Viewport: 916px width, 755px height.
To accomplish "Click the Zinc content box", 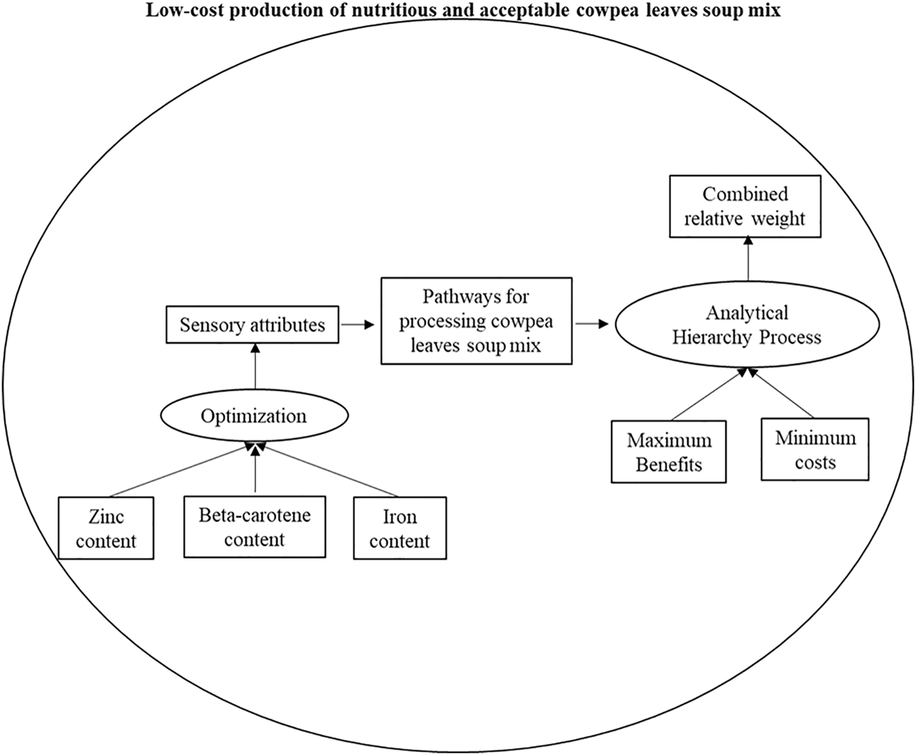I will (106, 528).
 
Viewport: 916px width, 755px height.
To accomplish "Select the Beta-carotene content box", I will (254, 527).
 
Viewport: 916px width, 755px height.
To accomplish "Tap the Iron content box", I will (399, 528).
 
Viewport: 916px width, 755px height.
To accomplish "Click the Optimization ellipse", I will (254, 416).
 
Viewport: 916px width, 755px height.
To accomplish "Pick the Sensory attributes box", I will (252, 325).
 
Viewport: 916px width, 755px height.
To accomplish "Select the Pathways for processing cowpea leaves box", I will (476, 321).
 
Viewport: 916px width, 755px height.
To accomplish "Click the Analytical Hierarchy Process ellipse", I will (747, 325).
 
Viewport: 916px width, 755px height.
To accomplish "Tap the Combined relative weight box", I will (744, 206).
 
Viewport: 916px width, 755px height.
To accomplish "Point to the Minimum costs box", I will (815, 450).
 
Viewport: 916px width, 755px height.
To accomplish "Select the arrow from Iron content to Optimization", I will (329, 470).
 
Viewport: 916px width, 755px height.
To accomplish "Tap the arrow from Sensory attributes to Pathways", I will (358, 325).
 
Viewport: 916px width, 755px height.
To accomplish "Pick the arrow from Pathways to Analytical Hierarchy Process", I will (592, 325).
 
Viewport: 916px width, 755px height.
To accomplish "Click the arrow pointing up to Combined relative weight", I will (748, 260).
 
